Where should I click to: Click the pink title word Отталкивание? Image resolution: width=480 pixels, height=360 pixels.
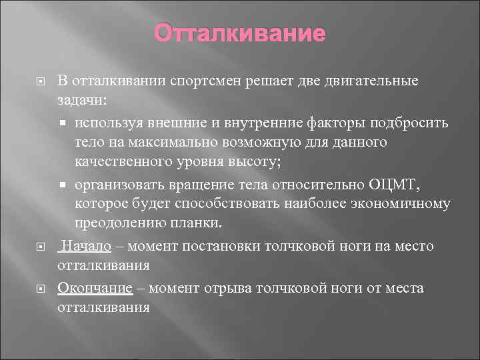240,33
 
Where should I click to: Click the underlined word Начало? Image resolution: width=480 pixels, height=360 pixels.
81,246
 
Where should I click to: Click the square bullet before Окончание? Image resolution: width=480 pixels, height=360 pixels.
39,288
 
